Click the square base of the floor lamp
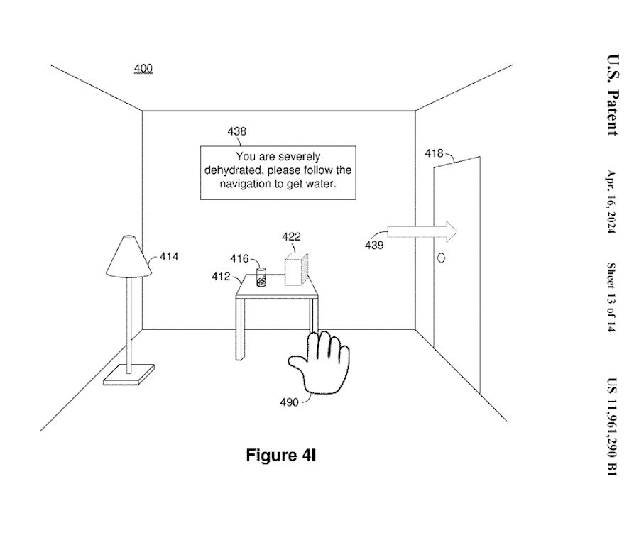[129, 375]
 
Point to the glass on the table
[261, 277]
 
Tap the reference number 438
[237, 131]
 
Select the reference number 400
[143, 69]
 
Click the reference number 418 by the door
[434, 153]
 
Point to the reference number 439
[374, 246]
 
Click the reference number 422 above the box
[291, 237]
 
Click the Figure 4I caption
[280, 455]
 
